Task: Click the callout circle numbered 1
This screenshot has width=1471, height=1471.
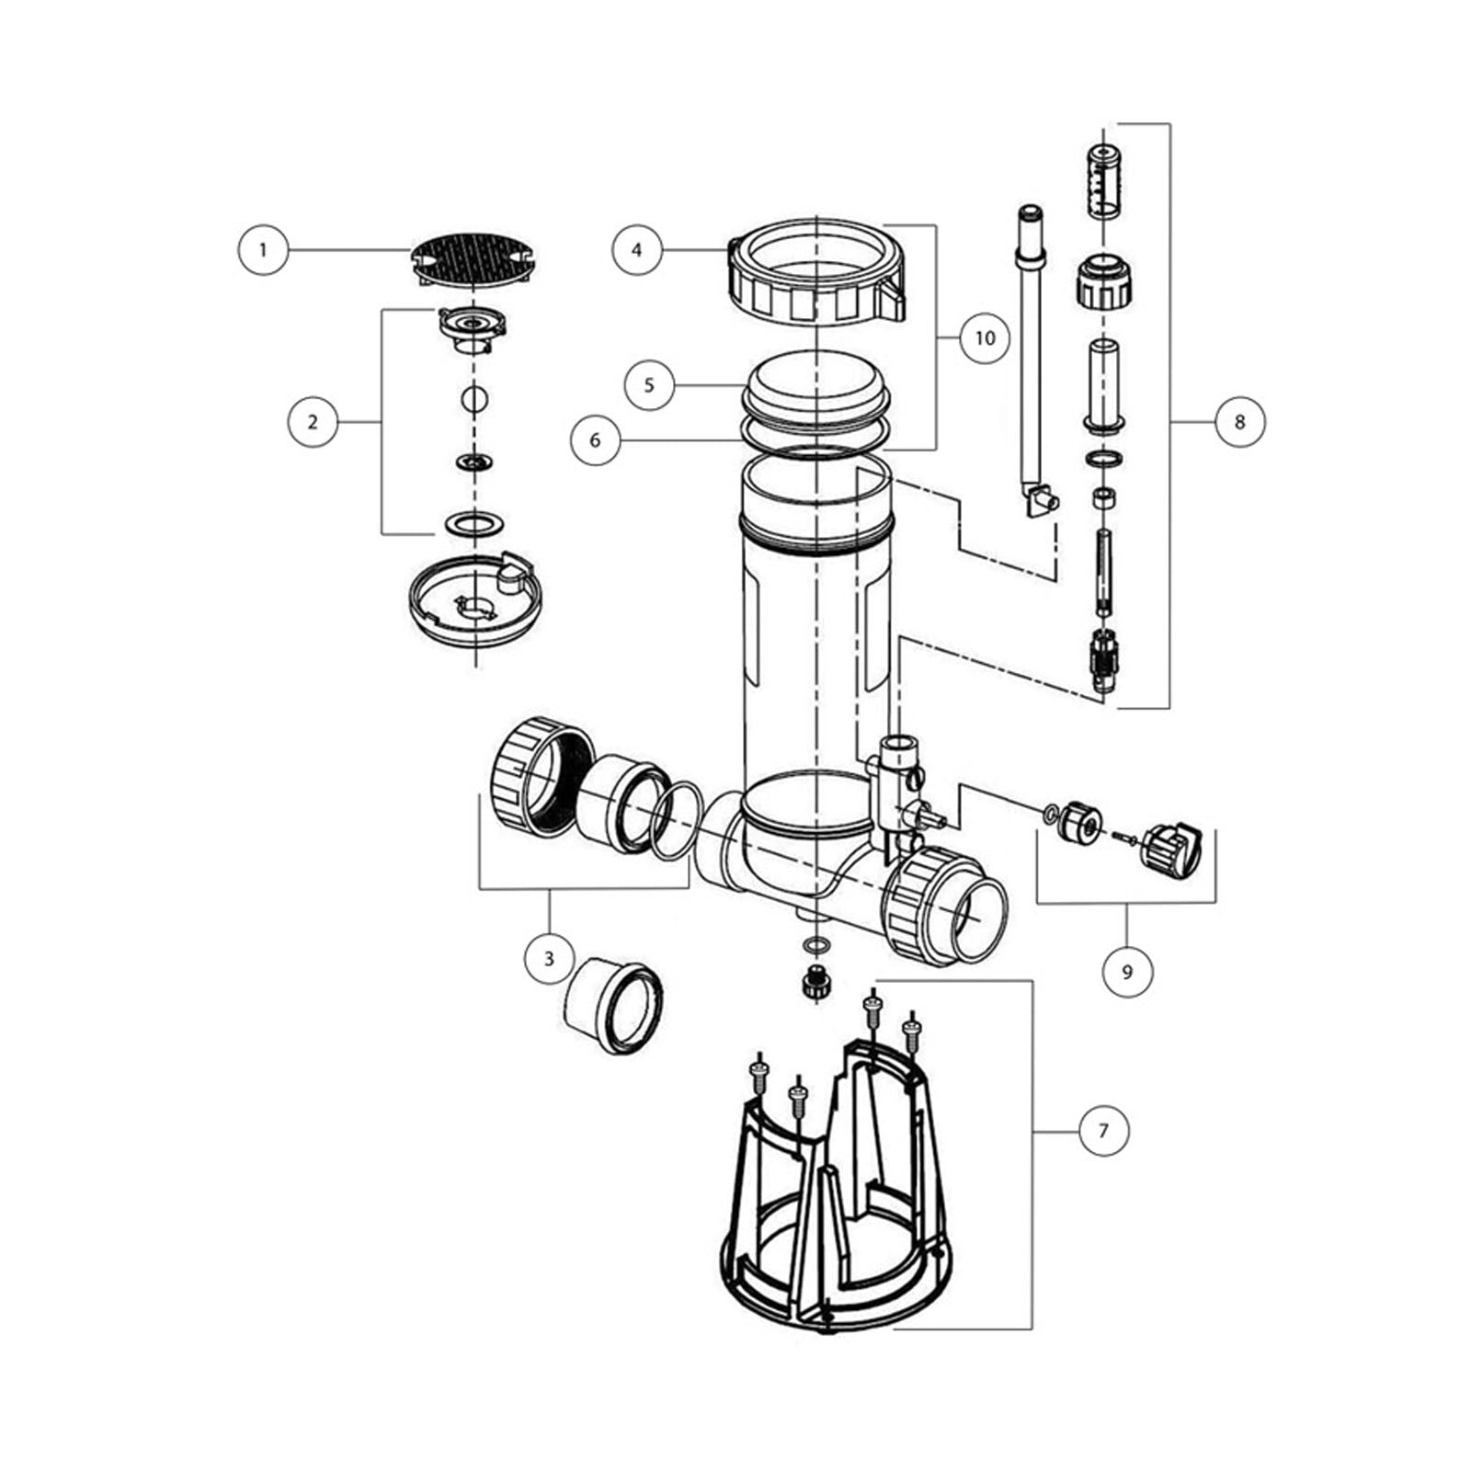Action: pos(263,249)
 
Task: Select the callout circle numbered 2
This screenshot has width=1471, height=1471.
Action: pos(313,422)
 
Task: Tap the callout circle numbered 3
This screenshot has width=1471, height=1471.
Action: pos(549,959)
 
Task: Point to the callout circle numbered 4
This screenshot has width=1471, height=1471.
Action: pos(637,249)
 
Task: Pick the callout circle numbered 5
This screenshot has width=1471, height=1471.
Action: pos(649,384)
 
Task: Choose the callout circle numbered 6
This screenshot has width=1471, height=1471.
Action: pos(595,440)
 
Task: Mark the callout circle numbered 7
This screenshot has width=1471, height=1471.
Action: pos(1103,1130)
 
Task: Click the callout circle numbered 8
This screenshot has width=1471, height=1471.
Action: pos(1239,422)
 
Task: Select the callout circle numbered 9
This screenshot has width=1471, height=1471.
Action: pos(1127,971)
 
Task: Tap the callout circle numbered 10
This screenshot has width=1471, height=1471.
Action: pos(984,338)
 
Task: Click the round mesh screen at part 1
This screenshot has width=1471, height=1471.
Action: pos(473,258)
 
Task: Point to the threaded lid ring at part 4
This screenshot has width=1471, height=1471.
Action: pos(816,272)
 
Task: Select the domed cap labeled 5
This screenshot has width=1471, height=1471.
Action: pos(816,396)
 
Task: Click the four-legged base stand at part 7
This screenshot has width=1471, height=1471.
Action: pos(835,1186)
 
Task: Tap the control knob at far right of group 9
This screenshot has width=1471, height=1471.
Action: pos(1171,849)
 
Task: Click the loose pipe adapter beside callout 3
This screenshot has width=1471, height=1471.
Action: pos(613,1004)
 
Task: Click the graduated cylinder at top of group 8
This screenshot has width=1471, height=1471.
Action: pos(1103,180)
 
